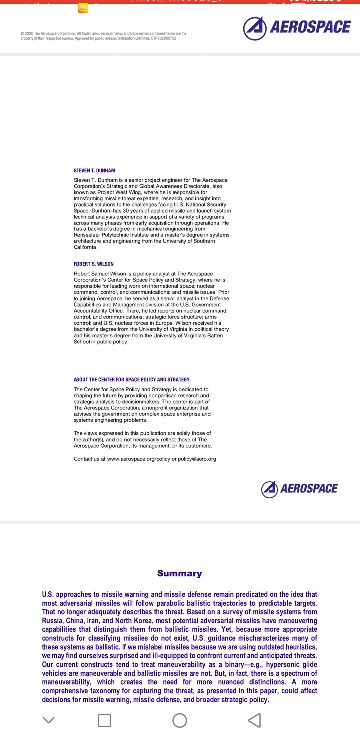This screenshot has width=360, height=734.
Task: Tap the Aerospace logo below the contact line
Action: point(299,489)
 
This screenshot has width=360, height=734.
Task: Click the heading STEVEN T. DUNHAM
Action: point(94,171)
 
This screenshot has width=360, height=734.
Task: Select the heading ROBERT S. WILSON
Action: point(94,264)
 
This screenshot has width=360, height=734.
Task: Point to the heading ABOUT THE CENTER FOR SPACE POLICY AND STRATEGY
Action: point(132,380)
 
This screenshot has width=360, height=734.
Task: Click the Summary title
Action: point(179,573)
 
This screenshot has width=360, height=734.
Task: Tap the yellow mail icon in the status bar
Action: point(83,8)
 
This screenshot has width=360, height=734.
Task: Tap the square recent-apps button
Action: point(104,720)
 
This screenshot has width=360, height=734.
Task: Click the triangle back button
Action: point(254,720)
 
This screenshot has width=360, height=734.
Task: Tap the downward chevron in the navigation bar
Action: point(48,720)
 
